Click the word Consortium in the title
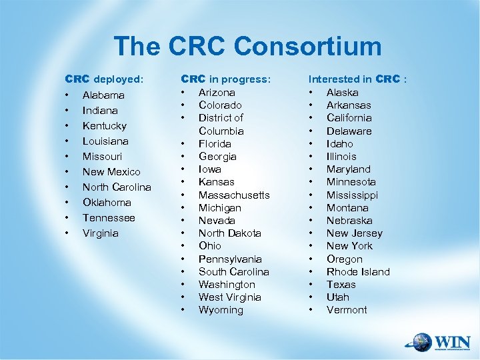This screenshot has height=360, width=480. [308, 47]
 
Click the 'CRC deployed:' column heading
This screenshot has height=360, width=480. [103, 79]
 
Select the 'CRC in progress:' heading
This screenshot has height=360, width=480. [226, 79]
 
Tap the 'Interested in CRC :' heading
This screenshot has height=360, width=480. [357, 79]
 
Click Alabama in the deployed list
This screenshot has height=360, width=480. [103, 95]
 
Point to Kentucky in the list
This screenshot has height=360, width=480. [104, 126]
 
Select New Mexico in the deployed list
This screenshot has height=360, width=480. [111, 172]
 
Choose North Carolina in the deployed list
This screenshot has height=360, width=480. [117, 187]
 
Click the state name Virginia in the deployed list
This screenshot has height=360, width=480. [100, 233]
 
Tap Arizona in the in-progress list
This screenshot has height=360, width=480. [217, 93]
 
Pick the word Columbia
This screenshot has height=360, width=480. [221, 131]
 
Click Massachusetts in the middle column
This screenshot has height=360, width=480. [234, 195]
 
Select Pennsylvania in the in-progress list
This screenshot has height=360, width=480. [230, 259]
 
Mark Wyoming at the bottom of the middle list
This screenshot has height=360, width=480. [221, 310]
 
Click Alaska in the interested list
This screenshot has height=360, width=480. [342, 93]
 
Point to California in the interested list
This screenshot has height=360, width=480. [349, 118]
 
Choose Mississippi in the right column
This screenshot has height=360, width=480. [352, 195]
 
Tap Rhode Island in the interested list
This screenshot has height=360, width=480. [358, 272]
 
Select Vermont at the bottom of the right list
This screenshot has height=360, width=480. [347, 310]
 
